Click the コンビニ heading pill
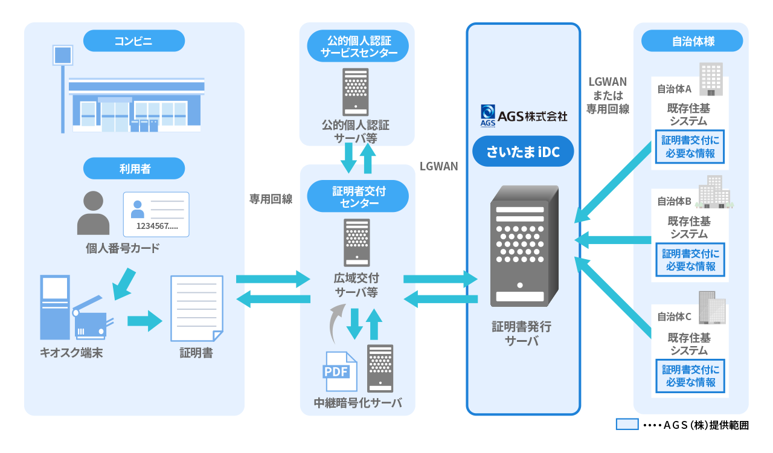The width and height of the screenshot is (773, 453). click(133, 41)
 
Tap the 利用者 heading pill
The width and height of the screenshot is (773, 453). click(133, 169)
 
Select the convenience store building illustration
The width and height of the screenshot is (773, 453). click(136, 104)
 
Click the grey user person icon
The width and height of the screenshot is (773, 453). click(94, 213)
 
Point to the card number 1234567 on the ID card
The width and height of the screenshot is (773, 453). click(157, 226)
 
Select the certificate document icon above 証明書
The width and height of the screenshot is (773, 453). click(197, 307)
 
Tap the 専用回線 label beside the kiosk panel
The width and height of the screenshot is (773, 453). click(271, 199)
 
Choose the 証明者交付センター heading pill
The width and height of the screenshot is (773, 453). click(358, 196)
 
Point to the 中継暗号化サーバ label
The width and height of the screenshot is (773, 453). click(358, 403)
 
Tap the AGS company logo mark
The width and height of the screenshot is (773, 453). click(488, 115)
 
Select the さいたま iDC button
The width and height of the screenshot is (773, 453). click(523, 153)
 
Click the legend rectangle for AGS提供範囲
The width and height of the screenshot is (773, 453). click(627, 424)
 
